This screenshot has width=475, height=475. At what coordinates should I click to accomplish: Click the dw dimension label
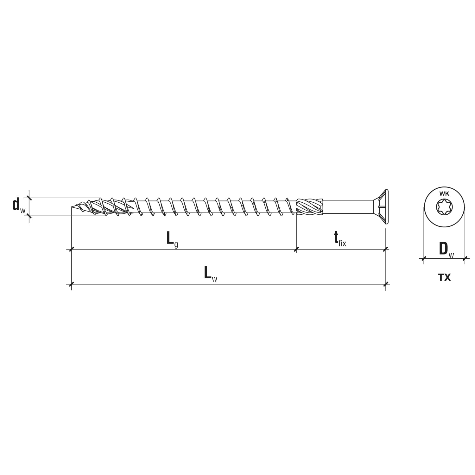point(18,206)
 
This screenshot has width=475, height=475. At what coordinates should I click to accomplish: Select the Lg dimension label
point(172,239)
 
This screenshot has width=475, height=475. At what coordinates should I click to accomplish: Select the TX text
point(444,278)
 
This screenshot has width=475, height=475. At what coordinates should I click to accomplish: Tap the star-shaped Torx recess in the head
point(444,207)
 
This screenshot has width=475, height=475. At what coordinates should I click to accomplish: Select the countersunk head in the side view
point(382,207)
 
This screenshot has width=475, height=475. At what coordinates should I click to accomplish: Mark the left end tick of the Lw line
point(72,284)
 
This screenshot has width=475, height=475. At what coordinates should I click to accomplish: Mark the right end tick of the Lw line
point(386,284)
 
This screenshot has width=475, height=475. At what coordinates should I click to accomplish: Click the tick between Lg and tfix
point(296,249)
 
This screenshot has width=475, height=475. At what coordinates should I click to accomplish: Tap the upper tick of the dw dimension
point(29,198)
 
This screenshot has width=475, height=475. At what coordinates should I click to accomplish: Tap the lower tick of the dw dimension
point(29,216)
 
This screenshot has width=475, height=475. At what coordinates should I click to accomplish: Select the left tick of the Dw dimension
point(424,258)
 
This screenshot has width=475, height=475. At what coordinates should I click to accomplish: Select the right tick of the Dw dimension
point(465,258)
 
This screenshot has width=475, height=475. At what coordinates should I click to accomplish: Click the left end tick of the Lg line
point(72,249)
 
